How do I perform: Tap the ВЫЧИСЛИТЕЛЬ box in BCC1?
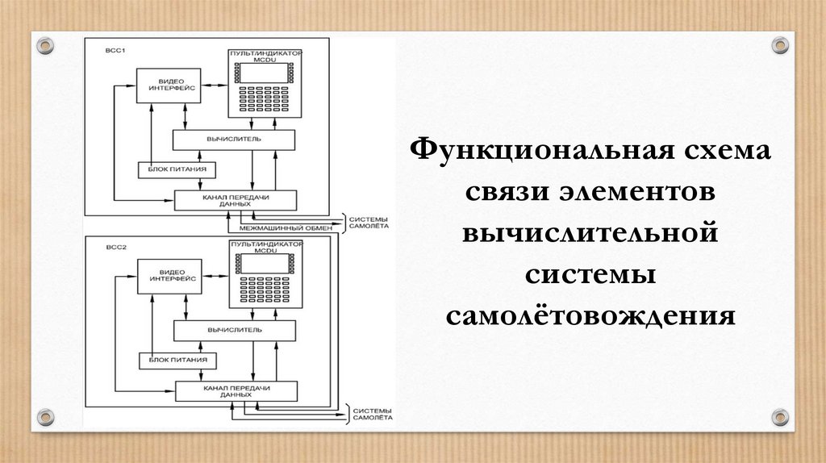point(233,140)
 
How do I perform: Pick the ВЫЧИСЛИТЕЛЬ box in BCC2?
point(234,330)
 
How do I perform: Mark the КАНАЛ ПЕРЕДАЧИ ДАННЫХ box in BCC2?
point(236,391)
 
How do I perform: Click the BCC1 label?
point(114,52)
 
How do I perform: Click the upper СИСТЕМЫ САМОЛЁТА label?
point(368,222)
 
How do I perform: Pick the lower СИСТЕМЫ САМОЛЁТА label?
point(370,413)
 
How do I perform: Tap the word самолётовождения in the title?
point(590,314)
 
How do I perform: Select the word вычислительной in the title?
point(590,233)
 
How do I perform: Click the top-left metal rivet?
point(45,44)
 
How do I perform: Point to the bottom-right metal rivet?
point(779,417)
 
